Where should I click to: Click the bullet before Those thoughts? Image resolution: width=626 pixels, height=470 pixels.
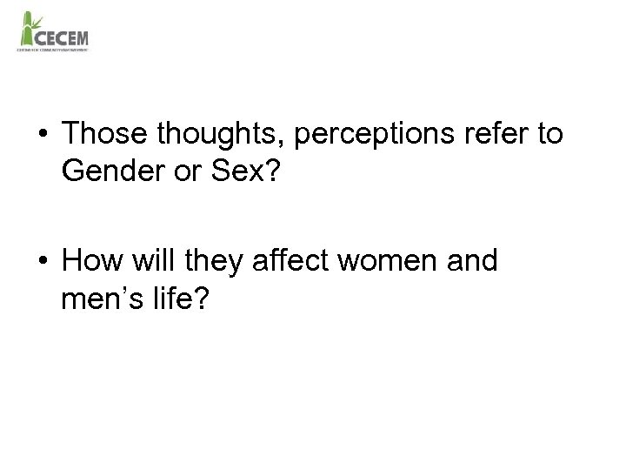[x=43, y=136]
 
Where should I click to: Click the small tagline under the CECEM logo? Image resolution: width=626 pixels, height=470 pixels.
[x=52, y=50]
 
